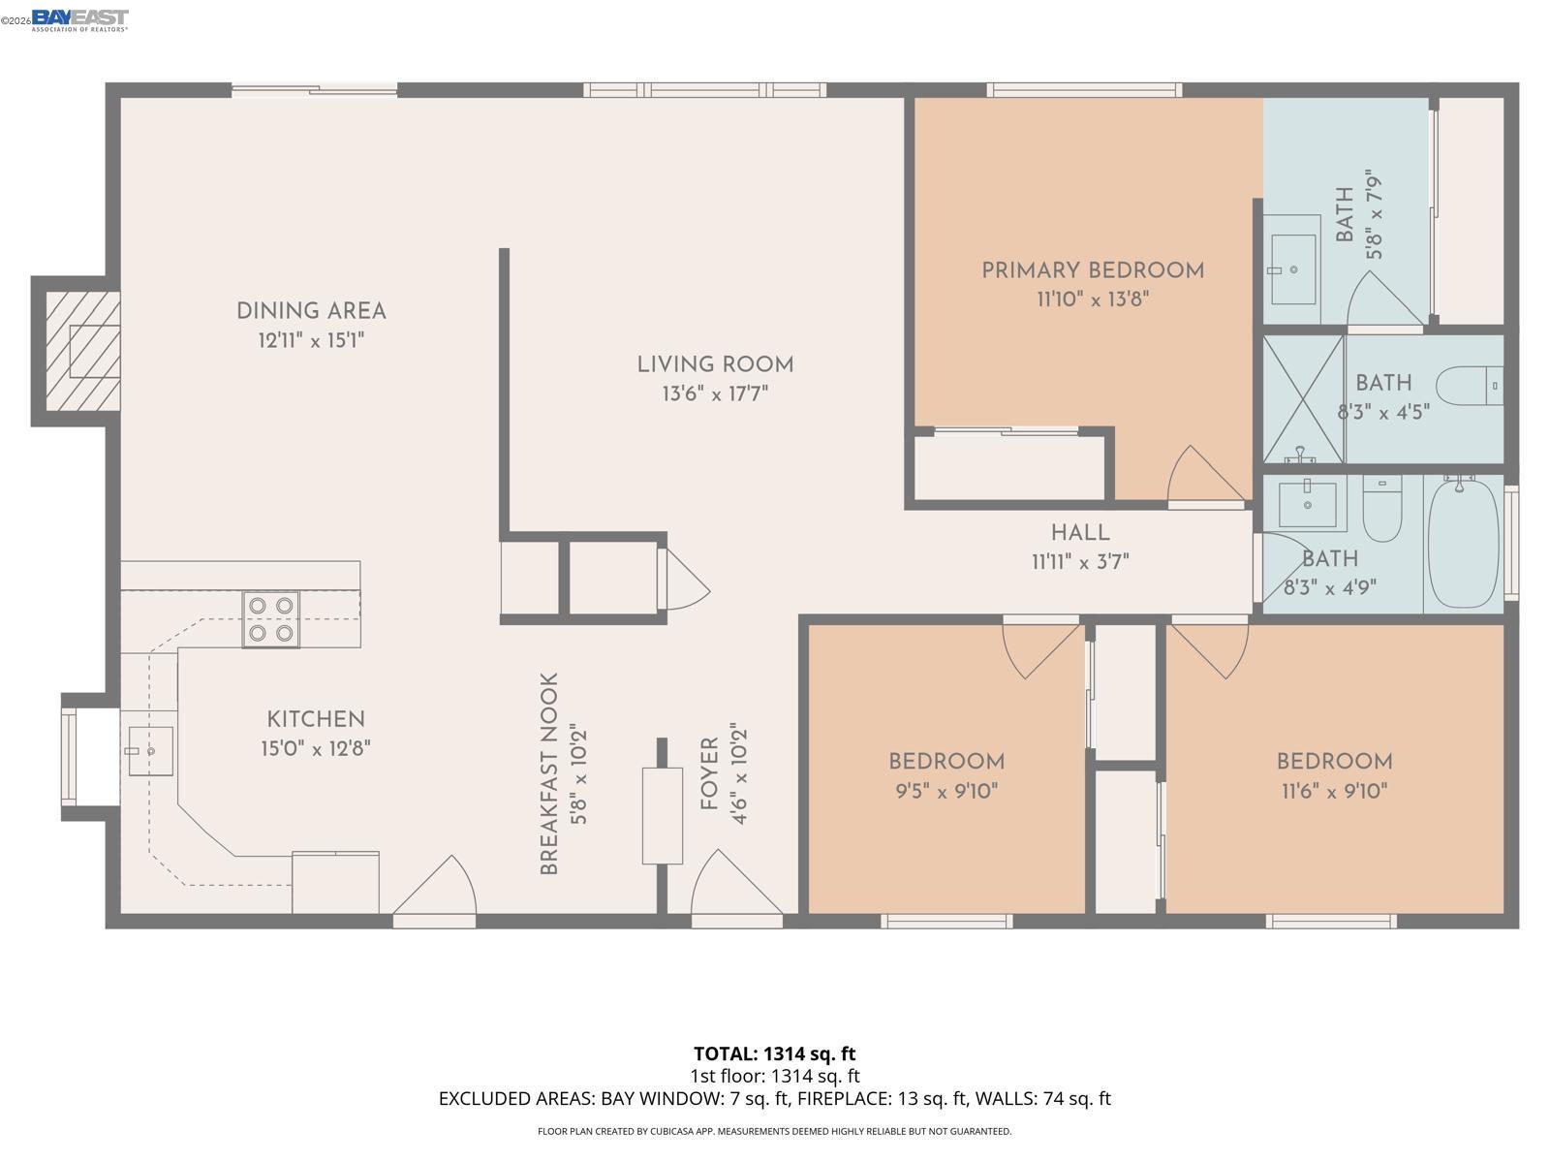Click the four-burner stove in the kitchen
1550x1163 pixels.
(x=270, y=619)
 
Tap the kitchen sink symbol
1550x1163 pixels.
(x=150, y=751)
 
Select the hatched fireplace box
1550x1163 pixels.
(x=82, y=351)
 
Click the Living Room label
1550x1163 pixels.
(x=715, y=365)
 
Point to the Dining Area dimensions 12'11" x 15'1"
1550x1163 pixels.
(x=311, y=340)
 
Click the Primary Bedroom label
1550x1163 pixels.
(x=1093, y=270)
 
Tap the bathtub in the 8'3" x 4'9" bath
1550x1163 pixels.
(x=1463, y=543)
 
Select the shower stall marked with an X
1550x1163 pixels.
(x=1304, y=398)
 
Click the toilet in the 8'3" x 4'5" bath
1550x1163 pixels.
(x=1468, y=386)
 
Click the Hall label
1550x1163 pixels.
(x=1080, y=533)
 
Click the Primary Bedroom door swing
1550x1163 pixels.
(x=1204, y=477)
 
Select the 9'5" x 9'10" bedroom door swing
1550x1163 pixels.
(x=1040, y=648)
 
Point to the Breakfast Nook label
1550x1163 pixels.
(x=549, y=773)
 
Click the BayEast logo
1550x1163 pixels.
(x=79, y=19)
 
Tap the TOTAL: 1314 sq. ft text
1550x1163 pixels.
(x=774, y=1053)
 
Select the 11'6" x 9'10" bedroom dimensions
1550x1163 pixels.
(x=1334, y=791)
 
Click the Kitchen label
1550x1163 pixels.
(x=316, y=719)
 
